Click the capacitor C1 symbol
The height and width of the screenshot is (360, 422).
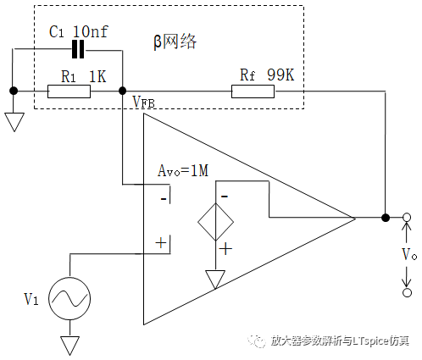(x=78, y=49)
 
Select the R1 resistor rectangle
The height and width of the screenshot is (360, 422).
(x=69, y=91)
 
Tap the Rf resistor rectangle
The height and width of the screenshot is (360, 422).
(x=253, y=91)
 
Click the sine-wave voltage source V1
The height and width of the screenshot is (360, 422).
(x=69, y=299)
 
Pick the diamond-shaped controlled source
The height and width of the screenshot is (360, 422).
(x=216, y=222)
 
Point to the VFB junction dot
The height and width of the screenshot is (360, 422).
(x=122, y=91)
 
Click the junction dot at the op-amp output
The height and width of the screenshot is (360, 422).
(x=386, y=218)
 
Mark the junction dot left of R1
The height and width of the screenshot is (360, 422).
(x=14, y=91)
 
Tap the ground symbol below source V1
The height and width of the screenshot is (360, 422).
(x=69, y=346)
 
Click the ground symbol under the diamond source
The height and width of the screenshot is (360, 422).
(x=215, y=280)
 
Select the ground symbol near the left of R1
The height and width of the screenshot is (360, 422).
(x=14, y=122)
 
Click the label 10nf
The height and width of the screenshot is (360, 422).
(x=91, y=31)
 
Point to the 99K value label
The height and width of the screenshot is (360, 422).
(x=280, y=75)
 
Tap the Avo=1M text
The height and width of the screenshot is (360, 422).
(x=183, y=171)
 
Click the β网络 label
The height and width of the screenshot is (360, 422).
(x=175, y=42)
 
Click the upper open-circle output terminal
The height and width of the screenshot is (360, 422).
(x=407, y=218)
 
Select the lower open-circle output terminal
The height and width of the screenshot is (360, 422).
(x=407, y=293)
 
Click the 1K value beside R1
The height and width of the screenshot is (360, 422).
(x=97, y=76)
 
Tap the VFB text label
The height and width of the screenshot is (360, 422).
(x=144, y=102)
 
